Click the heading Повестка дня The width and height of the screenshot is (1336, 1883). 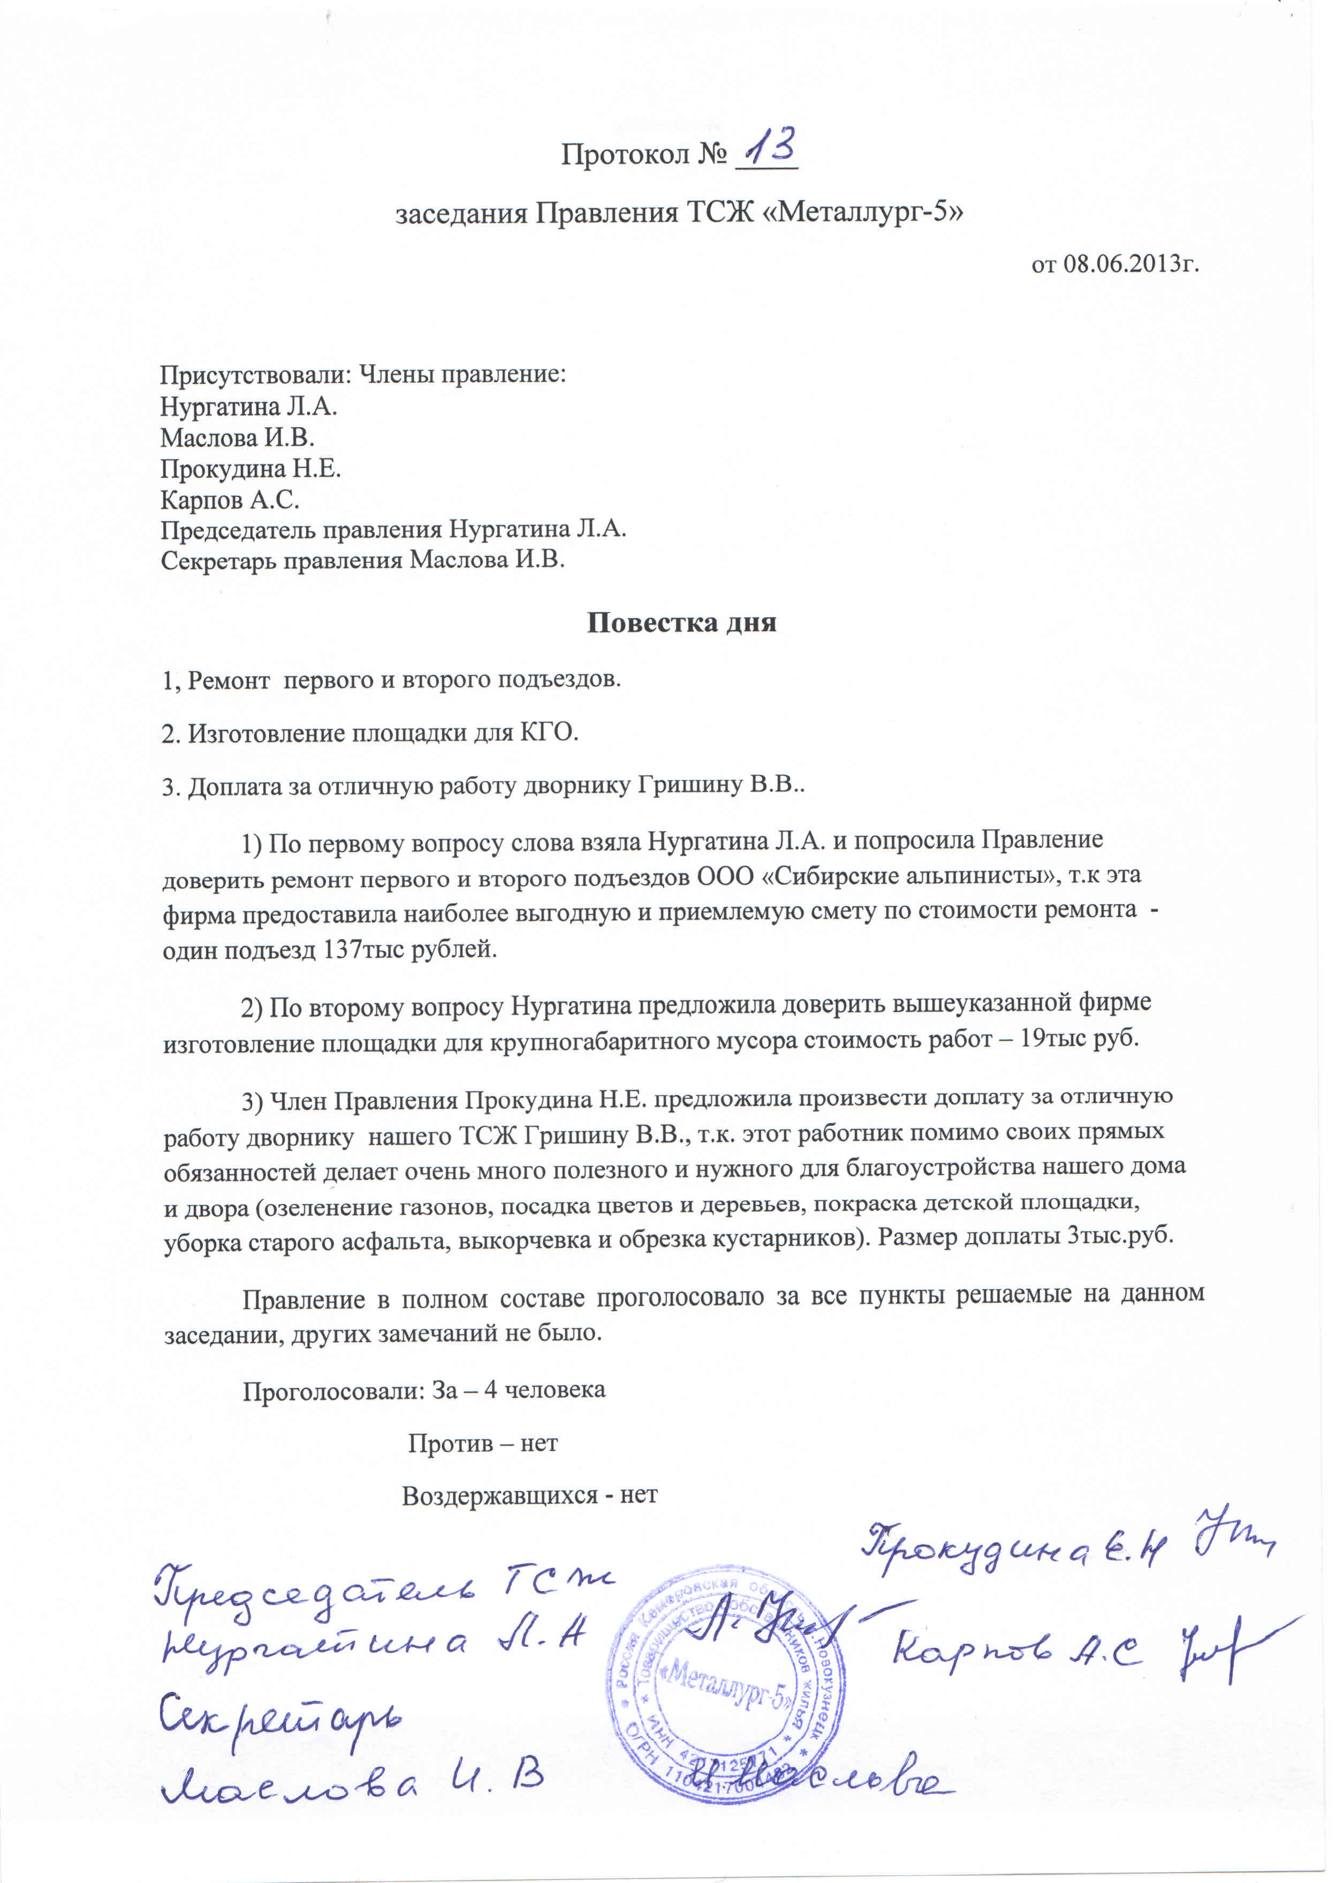(681, 622)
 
